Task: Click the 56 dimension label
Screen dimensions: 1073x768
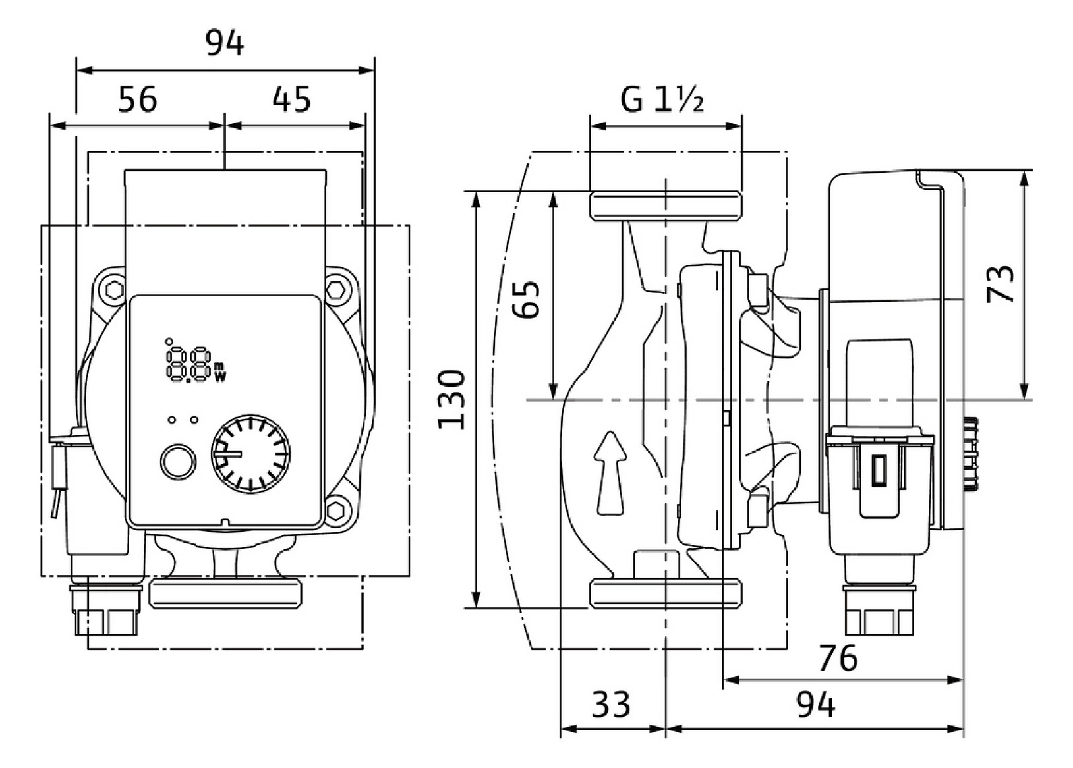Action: pos(138,99)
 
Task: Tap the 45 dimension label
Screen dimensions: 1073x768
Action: pos(292,99)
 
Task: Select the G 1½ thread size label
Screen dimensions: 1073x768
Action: pos(662,99)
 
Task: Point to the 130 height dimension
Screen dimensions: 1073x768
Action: pos(451,399)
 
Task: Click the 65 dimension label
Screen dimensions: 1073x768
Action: pos(526,299)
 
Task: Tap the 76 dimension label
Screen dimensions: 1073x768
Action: pos(838,659)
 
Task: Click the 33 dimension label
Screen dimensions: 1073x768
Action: pos(611,704)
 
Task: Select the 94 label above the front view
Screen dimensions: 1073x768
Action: pos(225,43)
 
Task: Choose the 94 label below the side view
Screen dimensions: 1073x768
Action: pos(816,704)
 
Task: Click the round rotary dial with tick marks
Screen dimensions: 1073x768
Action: pos(250,454)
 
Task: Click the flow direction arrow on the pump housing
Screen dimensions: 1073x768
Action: pos(610,473)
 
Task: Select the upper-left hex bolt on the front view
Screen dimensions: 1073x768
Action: pos(114,290)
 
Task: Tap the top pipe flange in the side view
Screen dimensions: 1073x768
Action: pos(666,207)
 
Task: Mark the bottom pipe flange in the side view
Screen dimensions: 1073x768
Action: pos(666,593)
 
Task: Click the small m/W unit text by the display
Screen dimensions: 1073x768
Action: pos(219,372)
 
